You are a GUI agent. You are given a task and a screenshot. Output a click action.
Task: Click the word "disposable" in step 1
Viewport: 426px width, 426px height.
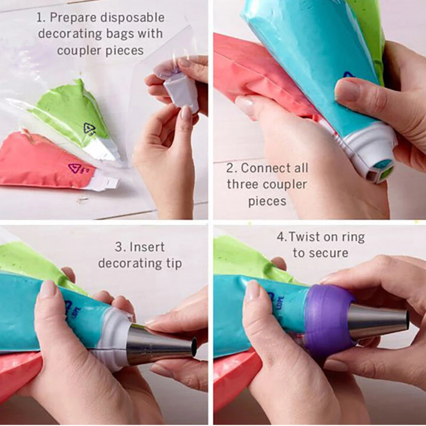point(132,18)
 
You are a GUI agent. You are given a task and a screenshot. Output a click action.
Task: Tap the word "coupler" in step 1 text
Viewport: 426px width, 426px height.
point(79,51)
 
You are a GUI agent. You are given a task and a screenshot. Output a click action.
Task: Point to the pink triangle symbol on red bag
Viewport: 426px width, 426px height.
point(75,168)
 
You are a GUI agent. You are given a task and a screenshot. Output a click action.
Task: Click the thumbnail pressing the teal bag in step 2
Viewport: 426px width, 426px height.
point(347,90)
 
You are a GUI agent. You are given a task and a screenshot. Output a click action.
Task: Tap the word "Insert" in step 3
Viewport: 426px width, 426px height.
point(147,247)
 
